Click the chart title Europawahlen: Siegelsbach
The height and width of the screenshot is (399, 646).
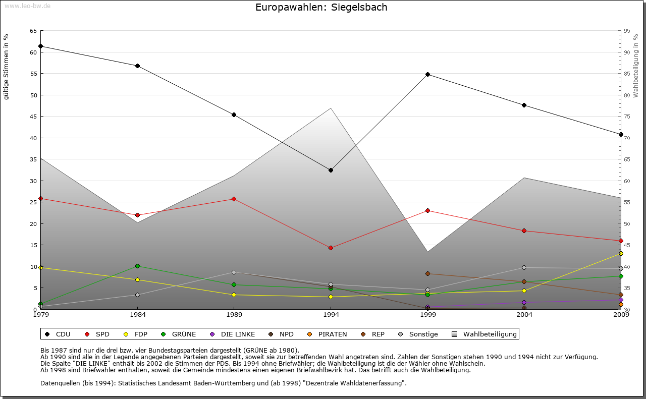321,8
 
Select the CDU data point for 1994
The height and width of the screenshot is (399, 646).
331,170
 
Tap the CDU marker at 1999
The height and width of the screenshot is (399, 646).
427,74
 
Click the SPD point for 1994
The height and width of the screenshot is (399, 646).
331,248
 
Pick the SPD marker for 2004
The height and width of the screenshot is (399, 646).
524,231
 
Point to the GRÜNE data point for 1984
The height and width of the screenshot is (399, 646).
137,266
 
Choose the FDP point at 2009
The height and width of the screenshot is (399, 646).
621,253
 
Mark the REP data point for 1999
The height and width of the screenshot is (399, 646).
427,273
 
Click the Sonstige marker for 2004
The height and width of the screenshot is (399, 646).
524,267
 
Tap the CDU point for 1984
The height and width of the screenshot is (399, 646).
137,66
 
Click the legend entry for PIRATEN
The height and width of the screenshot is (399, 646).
328,334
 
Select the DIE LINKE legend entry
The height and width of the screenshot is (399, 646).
233,334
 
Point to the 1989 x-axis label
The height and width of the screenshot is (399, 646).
234,315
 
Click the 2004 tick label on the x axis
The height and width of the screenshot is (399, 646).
524,315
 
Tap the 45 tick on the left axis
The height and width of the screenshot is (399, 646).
33,117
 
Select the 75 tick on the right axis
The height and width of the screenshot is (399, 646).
627,117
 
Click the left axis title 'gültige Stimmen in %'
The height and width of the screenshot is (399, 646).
7,67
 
